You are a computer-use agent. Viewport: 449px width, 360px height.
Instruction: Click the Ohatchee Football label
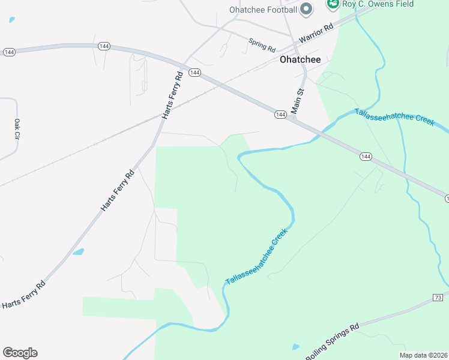click(x=263, y=10)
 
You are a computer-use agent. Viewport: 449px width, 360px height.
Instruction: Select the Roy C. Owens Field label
click(x=378, y=4)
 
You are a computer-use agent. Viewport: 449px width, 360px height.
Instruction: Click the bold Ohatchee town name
click(x=300, y=60)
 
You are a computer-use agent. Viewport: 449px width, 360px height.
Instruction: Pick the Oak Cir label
click(x=17, y=129)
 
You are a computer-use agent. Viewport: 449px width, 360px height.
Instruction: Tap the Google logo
click(x=20, y=353)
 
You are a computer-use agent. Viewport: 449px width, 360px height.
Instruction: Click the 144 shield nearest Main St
click(x=280, y=114)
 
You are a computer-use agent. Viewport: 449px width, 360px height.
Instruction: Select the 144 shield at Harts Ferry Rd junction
click(x=194, y=73)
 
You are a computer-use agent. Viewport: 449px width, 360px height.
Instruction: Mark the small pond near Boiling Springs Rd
click(x=295, y=347)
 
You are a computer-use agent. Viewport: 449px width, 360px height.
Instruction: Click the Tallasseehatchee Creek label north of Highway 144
click(x=394, y=116)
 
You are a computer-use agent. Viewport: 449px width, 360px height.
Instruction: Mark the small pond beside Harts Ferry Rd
click(x=78, y=252)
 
